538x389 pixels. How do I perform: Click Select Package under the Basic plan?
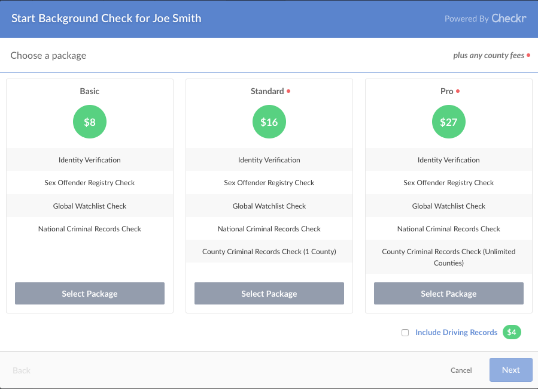(x=90, y=294)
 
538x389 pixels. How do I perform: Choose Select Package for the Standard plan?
(x=269, y=294)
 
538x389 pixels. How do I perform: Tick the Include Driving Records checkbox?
(x=405, y=333)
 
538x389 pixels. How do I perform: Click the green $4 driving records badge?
(x=512, y=332)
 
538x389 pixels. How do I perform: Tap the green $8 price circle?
(x=90, y=122)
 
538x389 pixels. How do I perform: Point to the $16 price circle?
(x=269, y=122)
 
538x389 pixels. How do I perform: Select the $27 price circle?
(x=449, y=122)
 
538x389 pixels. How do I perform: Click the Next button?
(x=510, y=370)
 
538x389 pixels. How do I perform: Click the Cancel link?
(x=461, y=370)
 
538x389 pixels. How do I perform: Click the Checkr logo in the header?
(x=509, y=19)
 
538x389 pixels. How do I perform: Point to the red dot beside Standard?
(x=288, y=91)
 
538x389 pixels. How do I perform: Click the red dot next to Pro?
(x=458, y=91)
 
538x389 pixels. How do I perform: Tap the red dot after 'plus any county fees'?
(x=528, y=56)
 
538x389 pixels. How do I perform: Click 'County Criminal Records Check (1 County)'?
(x=269, y=252)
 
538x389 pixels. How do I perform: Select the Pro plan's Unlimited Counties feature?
(x=449, y=257)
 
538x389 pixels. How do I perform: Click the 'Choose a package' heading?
(x=48, y=56)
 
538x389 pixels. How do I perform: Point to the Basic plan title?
(x=90, y=92)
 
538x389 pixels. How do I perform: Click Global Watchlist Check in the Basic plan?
(x=90, y=206)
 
